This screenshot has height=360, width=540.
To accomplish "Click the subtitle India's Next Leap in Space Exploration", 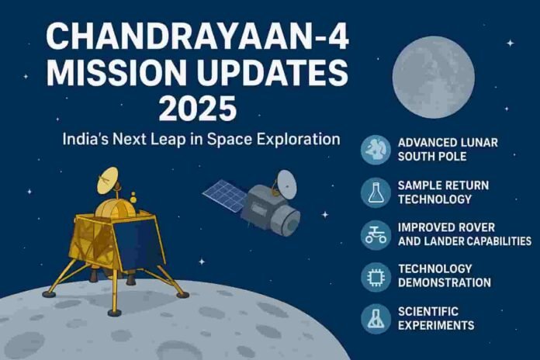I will point(202,140).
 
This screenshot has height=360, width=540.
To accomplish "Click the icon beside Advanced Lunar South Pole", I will point(377,149).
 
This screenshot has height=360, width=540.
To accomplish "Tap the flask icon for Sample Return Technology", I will point(377,192).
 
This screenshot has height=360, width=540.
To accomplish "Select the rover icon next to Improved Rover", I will point(377,234).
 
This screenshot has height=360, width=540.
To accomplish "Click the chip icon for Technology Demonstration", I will point(377,277).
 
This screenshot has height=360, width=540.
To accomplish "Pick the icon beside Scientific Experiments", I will point(377,319).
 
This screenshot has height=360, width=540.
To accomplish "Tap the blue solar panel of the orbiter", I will point(226,196).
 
